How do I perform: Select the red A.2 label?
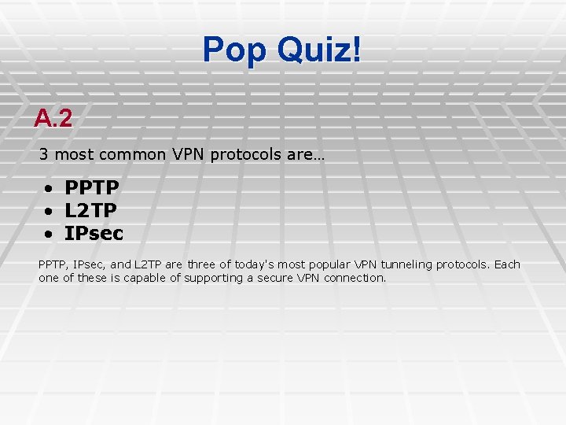click(53, 119)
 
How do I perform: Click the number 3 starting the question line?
click(44, 154)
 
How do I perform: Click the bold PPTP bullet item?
click(92, 188)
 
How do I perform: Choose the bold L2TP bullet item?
click(91, 211)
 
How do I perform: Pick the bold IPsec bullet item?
click(94, 234)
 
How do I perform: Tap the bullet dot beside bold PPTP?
click(49, 189)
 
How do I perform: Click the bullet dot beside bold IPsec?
click(49, 235)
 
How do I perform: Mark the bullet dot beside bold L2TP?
click(49, 212)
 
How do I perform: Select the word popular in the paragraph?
click(330, 264)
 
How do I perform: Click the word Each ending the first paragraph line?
click(507, 264)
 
